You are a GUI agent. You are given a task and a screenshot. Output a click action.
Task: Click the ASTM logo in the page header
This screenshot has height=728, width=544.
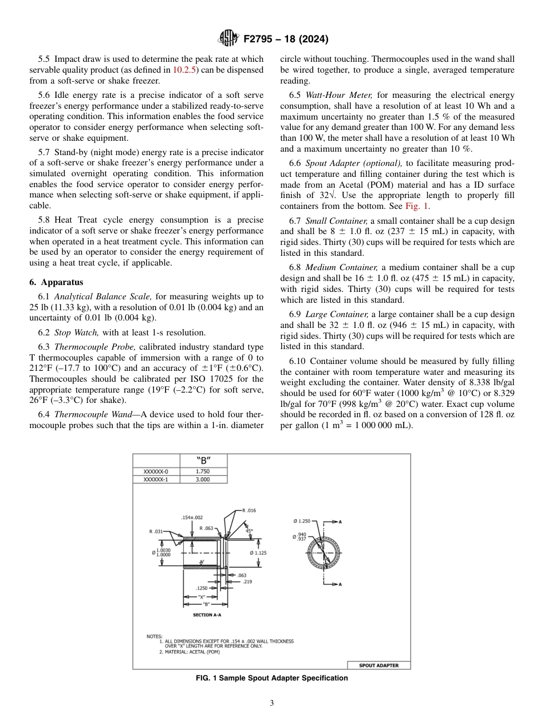click(228, 39)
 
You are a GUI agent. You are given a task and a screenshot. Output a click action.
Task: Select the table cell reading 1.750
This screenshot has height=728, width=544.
click(203, 472)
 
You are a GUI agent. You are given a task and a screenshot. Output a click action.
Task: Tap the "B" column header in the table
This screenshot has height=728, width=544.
click(203, 460)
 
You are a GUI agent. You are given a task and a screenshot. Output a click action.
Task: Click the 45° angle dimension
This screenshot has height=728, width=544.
click(249, 531)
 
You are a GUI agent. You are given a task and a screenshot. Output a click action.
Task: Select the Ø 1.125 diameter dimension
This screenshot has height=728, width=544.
click(258, 553)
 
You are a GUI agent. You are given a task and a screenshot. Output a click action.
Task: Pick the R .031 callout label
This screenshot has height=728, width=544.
click(156, 532)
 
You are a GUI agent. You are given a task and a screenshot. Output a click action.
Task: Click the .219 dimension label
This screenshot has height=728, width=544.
click(247, 581)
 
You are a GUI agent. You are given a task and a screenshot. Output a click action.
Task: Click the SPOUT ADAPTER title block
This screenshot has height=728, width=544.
click(379, 665)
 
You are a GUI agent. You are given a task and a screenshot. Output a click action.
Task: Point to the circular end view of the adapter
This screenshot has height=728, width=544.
click(324, 552)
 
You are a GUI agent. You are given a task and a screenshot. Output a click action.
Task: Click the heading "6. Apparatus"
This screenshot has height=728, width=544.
click(56, 282)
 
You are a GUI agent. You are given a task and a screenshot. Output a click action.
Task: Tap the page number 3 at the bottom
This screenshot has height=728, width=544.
click(271, 703)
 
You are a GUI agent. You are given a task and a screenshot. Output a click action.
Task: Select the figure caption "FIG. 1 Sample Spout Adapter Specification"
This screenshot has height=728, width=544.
click(271, 678)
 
